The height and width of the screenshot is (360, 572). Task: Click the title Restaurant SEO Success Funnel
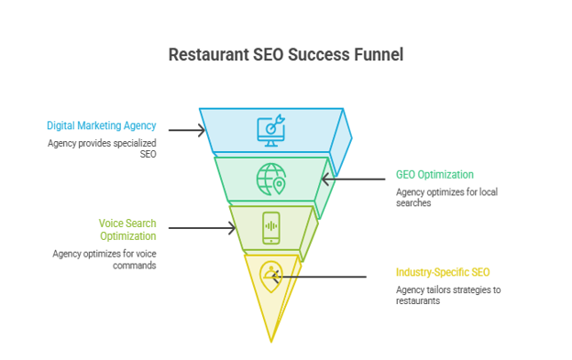click(286, 55)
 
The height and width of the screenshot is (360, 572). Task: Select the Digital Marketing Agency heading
click(102, 125)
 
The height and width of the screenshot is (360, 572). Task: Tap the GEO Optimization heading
click(434, 175)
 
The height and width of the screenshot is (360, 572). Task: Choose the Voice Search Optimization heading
click(127, 230)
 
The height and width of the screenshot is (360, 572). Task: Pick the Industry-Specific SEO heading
click(443, 272)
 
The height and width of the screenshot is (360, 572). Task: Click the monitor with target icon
click(271, 130)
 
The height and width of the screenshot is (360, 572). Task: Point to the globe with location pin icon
click(271, 179)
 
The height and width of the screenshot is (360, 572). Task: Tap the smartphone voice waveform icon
click(271, 228)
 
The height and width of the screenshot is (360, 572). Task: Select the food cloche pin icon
click(271, 277)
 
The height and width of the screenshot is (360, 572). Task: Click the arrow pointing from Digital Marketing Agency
click(187, 130)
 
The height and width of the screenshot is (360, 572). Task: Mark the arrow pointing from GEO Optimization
click(353, 179)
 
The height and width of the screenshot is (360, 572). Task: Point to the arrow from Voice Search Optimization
click(202, 228)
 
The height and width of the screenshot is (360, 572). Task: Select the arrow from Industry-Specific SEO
click(319, 277)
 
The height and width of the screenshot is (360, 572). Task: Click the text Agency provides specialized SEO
click(102, 148)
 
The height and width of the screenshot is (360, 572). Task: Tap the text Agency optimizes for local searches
click(447, 197)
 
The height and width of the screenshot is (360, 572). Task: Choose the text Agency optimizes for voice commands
click(104, 259)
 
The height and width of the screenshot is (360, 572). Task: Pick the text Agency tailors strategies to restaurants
click(448, 295)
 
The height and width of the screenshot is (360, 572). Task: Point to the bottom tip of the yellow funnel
click(271, 343)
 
